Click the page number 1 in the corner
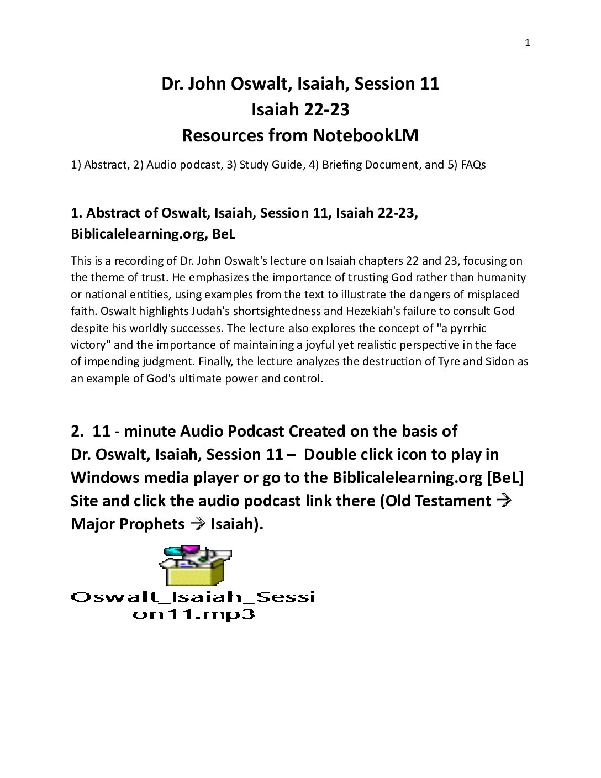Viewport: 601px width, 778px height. pos(527,43)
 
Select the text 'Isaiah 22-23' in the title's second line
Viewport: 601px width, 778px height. pos(300,109)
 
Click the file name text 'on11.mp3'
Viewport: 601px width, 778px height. pos(193,614)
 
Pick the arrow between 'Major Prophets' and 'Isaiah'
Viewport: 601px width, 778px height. pos(197,524)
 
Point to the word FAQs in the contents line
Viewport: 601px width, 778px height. pos(473,165)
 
